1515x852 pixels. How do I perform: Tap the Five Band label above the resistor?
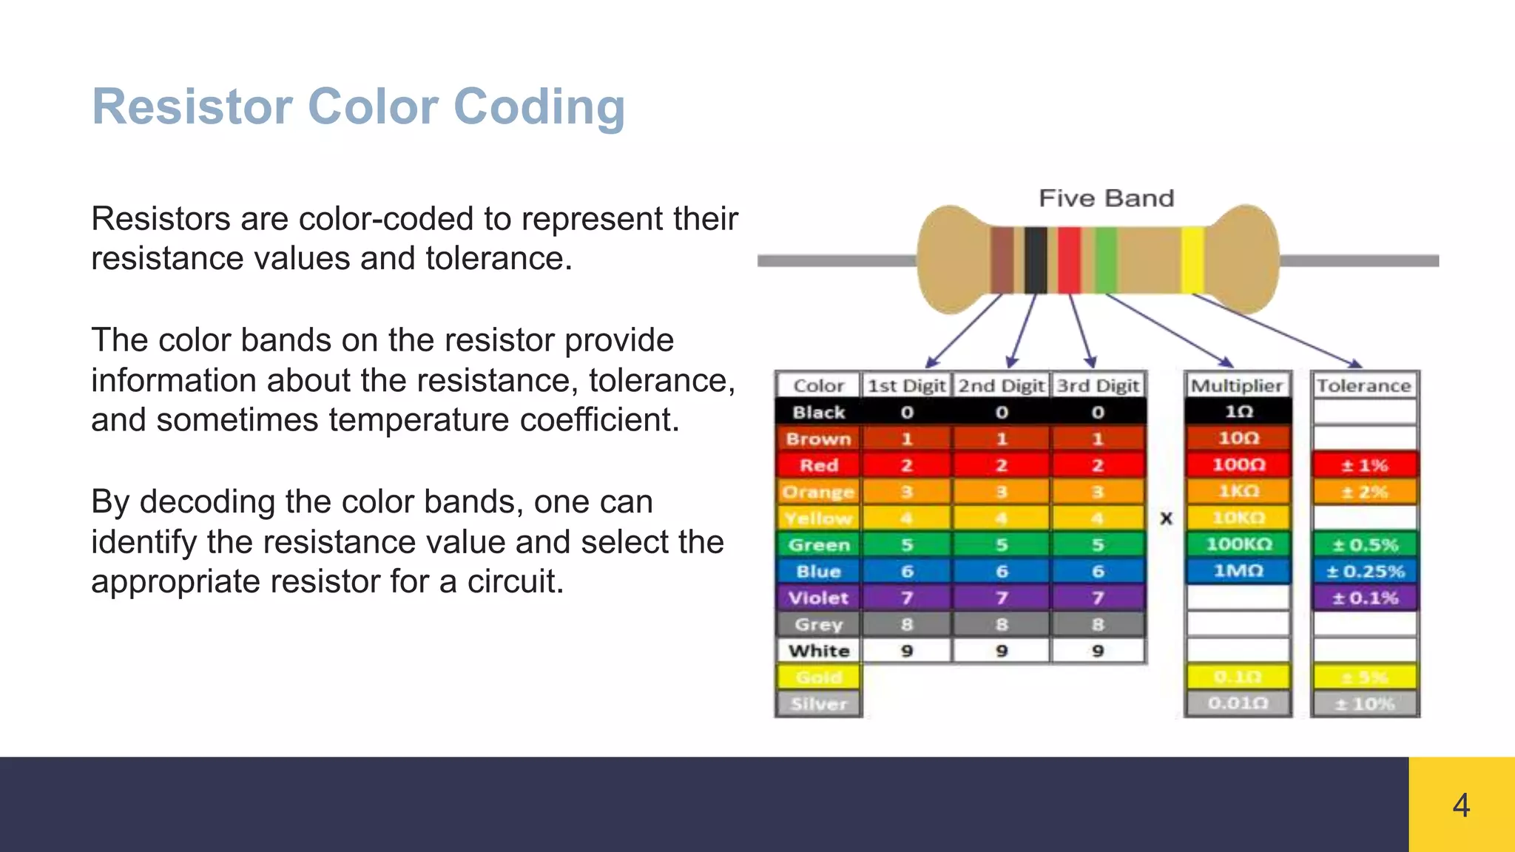point(1106,198)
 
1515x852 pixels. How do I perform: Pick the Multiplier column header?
point(1237,385)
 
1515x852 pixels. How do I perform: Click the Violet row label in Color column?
point(818,598)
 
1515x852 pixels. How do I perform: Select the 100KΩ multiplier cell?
point(1238,544)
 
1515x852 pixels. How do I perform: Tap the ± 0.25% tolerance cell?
point(1365,571)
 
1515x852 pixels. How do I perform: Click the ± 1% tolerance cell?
point(1365,465)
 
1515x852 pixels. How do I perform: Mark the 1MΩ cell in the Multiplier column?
point(1238,571)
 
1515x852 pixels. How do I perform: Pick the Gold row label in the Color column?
point(818,677)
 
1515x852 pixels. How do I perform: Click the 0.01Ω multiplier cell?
point(1238,703)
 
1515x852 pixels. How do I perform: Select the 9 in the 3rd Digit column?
point(1098,651)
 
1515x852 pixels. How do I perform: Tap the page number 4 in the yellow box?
point(1461,805)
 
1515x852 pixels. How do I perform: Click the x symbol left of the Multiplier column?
point(1167,518)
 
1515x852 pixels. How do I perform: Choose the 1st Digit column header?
point(906,385)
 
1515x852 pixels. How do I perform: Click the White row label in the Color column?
point(818,651)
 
